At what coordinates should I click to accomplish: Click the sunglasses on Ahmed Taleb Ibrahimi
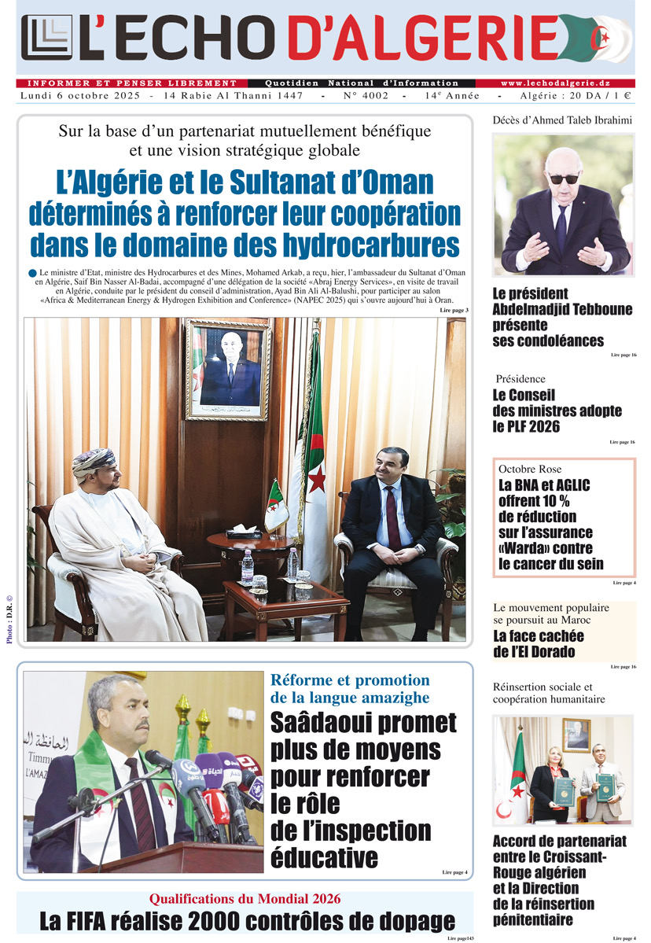click(x=563, y=179)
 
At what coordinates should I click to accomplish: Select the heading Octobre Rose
click(x=530, y=469)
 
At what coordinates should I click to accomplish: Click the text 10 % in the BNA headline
click(x=551, y=501)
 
